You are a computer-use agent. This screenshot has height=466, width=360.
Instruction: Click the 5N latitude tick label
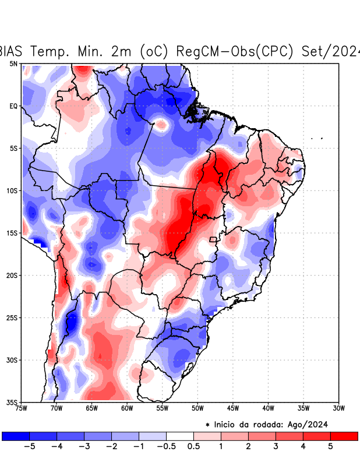(x=13, y=63)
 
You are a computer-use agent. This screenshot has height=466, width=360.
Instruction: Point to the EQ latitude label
(x=13, y=106)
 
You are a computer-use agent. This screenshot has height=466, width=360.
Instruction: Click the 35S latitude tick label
(x=12, y=402)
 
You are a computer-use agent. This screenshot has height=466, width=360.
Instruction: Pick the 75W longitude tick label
(x=22, y=408)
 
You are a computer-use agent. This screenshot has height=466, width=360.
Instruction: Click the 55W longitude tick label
(x=163, y=408)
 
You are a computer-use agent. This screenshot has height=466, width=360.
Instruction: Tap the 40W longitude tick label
(x=268, y=408)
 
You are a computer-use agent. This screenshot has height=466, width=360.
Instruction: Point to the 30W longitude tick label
(x=338, y=408)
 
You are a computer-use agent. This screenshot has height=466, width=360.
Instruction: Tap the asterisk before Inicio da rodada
(x=207, y=424)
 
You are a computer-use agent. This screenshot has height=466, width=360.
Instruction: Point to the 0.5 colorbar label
(x=193, y=447)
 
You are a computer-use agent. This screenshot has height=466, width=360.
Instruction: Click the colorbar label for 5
(x=330, y=447)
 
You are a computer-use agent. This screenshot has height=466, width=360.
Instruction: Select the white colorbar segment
(x=180, y=436)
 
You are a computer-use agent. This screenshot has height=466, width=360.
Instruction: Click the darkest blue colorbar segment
(x=16, y=436)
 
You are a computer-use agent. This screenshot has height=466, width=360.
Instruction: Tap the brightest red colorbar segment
(x=344, y=436)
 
